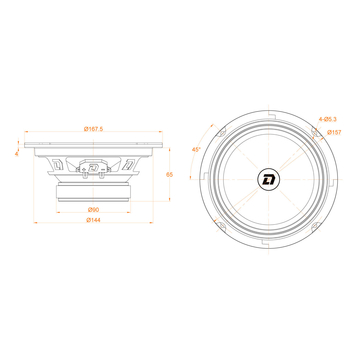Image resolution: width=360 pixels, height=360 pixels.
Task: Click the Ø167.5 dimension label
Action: point(93,127)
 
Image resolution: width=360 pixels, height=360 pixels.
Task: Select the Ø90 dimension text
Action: point(93,209)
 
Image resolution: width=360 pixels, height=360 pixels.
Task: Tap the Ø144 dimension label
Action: point(93,220)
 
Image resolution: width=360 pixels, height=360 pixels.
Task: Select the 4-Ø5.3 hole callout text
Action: point(327,119)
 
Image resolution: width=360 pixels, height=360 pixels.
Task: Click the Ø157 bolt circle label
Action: point(332,131)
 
